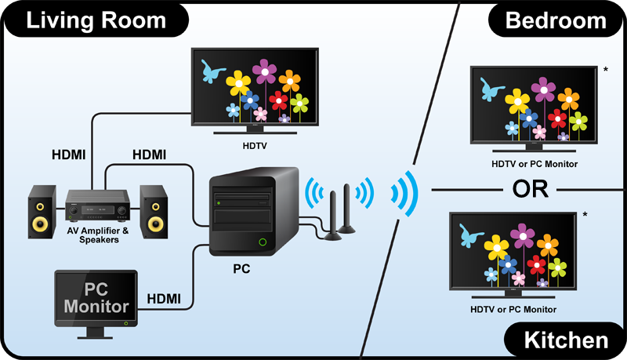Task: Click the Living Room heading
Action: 96,20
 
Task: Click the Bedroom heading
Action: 556,20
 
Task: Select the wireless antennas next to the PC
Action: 337,213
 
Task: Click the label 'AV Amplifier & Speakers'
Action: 98,236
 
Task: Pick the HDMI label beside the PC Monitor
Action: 165,298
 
